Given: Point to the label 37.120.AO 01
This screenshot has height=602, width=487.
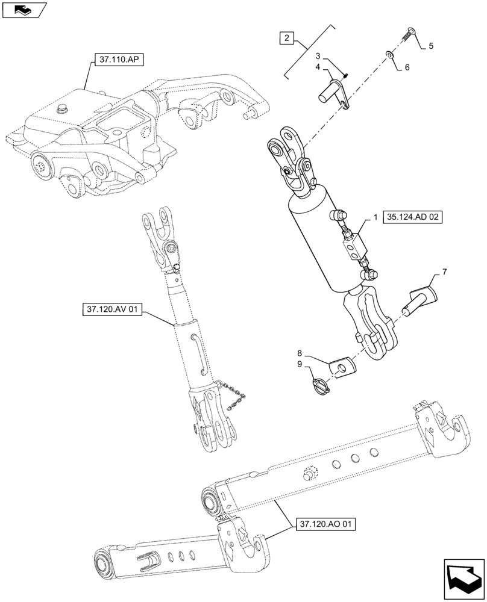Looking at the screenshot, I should tap(326, 524).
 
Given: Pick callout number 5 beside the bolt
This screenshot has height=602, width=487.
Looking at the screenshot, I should tap(431, 46).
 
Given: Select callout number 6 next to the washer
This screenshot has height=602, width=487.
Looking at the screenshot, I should tap(407, 67).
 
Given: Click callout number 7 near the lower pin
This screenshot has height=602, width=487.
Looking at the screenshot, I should tap(444, 273).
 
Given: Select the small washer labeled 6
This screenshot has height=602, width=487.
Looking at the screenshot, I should tap(389, 55).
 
